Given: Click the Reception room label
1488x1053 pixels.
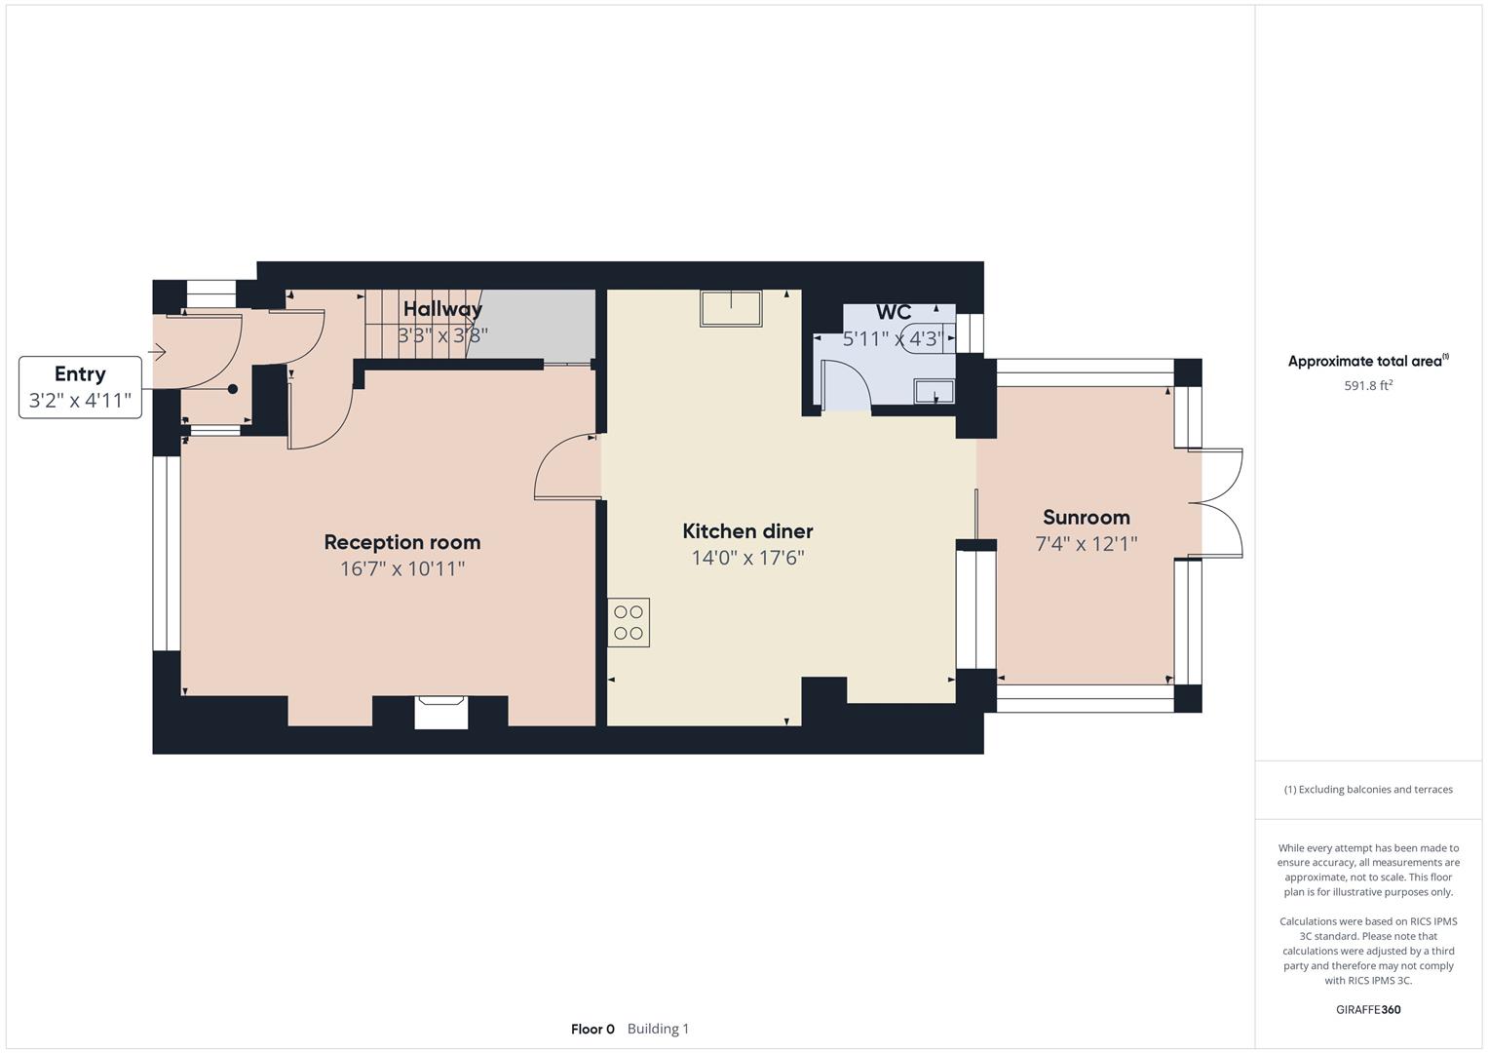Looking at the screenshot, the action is click(x=401, y=542).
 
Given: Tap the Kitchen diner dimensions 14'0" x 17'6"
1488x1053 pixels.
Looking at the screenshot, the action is click(x=747, y=558).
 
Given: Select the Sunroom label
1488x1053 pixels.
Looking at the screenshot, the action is click(x=1087, y=517).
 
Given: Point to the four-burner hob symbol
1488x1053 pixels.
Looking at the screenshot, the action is click(x=629, y=623).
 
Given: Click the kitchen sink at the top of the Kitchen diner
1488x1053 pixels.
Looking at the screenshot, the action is click(x=731, y=309).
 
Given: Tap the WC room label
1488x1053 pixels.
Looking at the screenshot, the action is click(x=894, y=312).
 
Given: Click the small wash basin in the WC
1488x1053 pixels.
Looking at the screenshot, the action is click(x=935, y=392).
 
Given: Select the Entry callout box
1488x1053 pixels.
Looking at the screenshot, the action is click(x=80, y=388).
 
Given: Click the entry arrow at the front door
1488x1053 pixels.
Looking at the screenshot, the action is click(x=157, y=352).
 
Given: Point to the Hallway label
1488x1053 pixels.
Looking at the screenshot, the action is click(x=442, y=309).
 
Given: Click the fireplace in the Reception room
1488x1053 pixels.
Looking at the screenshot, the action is click(x=441, y=712).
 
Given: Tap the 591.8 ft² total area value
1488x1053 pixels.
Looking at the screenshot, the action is click(x=1368, y=385).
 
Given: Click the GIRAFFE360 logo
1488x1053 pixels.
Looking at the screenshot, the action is click(x=1368, y=1009).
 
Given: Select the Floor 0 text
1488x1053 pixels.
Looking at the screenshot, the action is click(x=592, y=1029).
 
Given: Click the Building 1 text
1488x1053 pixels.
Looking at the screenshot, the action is click(x=658, y=1029).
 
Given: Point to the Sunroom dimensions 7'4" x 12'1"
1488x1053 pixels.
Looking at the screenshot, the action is click(x=1087, y=544).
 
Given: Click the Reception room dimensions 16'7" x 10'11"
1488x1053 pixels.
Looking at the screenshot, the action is click(x=401, y=569).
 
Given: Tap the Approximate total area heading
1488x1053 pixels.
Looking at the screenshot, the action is click(x=1368, y=361).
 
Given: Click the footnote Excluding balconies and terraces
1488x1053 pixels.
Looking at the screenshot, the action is click(x=1368, y=790).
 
